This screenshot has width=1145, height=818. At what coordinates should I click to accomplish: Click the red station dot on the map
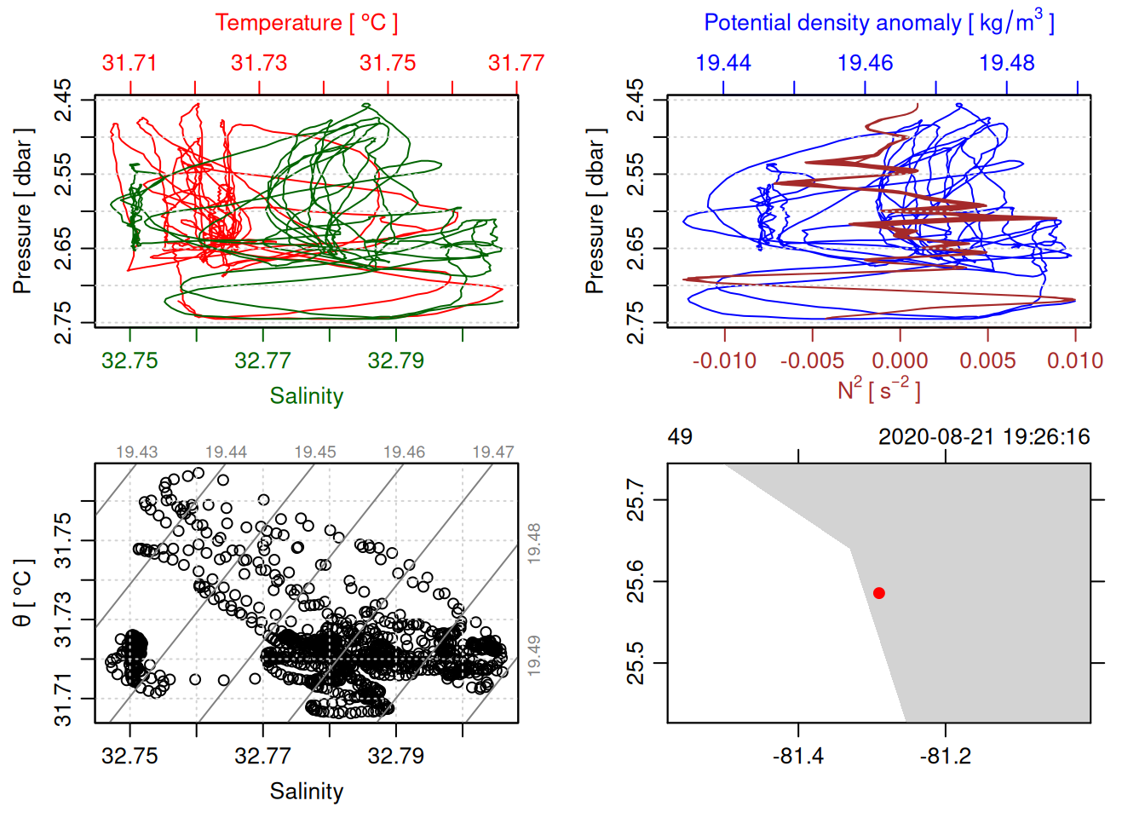tap(879, 593)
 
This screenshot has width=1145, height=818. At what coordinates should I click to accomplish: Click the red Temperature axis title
tap(306, 23)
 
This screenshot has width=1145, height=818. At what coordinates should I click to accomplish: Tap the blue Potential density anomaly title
tap(878, 23)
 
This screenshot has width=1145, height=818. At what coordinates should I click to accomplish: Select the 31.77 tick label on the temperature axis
tap(515, 63)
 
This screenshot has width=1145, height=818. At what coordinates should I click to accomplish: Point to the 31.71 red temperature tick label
tap(129, 63)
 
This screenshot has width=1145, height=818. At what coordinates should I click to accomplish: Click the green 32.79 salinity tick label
tap(395, 360)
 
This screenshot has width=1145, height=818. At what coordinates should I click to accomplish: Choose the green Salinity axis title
tap(306, 396)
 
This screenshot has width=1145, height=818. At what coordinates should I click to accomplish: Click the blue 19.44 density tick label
tap(723, 63)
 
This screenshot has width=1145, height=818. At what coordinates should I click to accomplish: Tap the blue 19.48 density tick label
tap(1007, 63)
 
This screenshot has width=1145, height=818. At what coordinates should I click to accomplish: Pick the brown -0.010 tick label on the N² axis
tap(724, 360)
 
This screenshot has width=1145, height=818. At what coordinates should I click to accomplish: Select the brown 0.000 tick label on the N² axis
tap(900, 360)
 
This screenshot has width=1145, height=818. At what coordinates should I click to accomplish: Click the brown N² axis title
tap(878, 390)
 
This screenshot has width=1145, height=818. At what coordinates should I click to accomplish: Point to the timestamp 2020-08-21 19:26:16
tap(984, 437)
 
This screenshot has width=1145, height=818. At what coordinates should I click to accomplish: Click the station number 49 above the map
tap(680, 437)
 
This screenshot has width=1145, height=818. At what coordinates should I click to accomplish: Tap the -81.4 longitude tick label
tap(798, 756)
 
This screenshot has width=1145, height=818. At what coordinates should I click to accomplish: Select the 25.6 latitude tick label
tap(636, 581)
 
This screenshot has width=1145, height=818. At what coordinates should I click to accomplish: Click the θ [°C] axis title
tap(23, 593)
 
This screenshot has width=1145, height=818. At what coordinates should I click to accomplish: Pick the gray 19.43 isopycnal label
tap(137, 452)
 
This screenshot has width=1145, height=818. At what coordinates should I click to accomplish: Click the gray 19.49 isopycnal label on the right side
tap(534, 655)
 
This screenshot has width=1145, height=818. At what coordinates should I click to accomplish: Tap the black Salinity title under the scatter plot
tap(306, 792)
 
